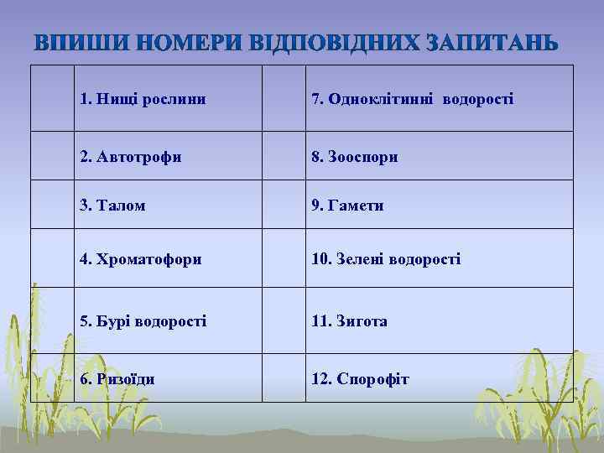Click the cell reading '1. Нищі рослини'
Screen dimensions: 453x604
click(143, 100)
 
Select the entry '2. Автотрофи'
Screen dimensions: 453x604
click(130, 157)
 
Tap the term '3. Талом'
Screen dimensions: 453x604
click(112, 206)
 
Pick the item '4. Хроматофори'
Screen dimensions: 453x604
click(140, 260)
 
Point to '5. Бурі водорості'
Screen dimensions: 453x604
click(143, 320)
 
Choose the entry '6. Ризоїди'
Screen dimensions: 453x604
click(117, 379)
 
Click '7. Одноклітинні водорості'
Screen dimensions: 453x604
click(412, 100)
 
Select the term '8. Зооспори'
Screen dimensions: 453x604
click(354, 157)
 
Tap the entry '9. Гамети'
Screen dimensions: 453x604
click(347, 206)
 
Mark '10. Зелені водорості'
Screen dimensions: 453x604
click(385, 260)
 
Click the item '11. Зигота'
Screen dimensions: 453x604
click(349, 320)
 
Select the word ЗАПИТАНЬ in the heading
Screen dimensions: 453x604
click(492, 42)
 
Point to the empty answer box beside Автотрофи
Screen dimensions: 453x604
click(51, 156)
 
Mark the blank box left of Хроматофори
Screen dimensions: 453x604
click(51, 260)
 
